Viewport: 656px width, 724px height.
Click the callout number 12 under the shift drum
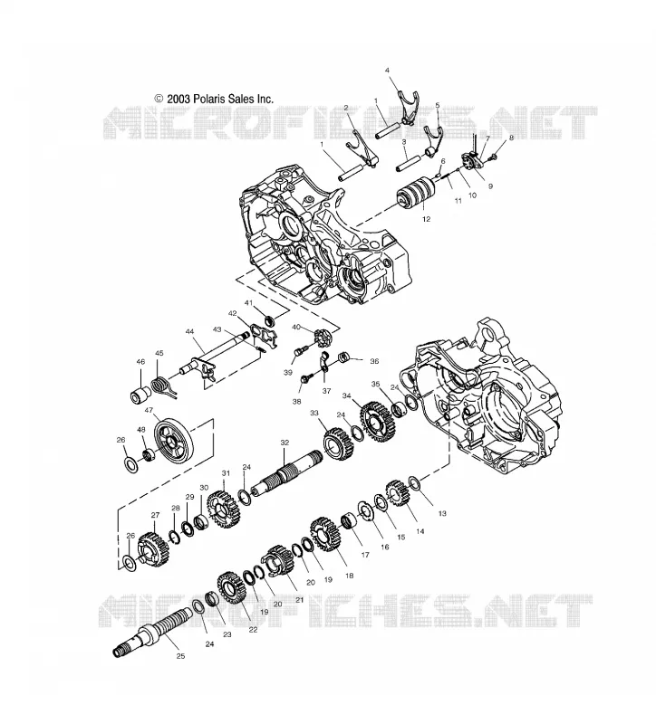tap(426, 219)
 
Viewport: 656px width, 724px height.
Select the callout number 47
tap(149, 410)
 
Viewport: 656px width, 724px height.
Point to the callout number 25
tap(180, 655)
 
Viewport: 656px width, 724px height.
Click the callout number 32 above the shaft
tap(285, 443)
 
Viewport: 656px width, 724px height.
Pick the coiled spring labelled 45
tap(162, 386)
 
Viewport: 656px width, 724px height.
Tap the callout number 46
tap(140, 361)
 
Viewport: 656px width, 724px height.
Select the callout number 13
tap(442, 513)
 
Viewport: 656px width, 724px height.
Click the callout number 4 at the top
tap(388, 71)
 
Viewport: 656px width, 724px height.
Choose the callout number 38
tap(296, 402)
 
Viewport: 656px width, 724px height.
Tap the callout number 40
tap(296, 327)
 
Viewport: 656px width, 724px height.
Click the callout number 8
tap(511, 138)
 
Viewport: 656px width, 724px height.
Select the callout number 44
tap(189, 331)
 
